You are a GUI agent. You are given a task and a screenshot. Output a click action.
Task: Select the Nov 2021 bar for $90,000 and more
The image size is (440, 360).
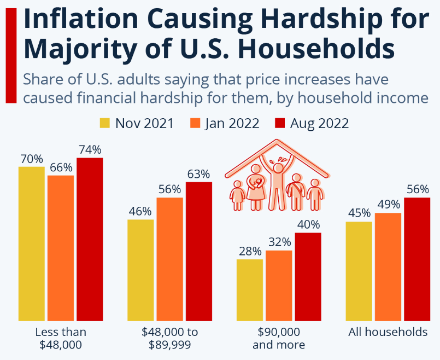click(x=250, y=289)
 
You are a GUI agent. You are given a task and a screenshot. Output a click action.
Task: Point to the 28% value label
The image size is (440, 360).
click(x=250, y=252)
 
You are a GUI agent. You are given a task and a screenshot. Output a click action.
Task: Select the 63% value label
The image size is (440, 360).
click(x=198, y=174)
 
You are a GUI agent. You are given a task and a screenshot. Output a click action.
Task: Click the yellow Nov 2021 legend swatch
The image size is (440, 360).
click(x=104, y=123)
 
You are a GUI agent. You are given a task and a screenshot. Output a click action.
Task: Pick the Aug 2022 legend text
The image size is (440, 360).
click(x=320, y=123)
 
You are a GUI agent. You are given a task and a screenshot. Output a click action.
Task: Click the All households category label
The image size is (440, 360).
click(x=388, y=332)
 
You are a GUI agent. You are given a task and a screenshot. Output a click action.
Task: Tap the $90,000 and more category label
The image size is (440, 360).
click(x=279, y=338)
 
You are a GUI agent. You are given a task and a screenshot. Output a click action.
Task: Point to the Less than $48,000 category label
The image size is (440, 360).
click(x=61, y=338)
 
